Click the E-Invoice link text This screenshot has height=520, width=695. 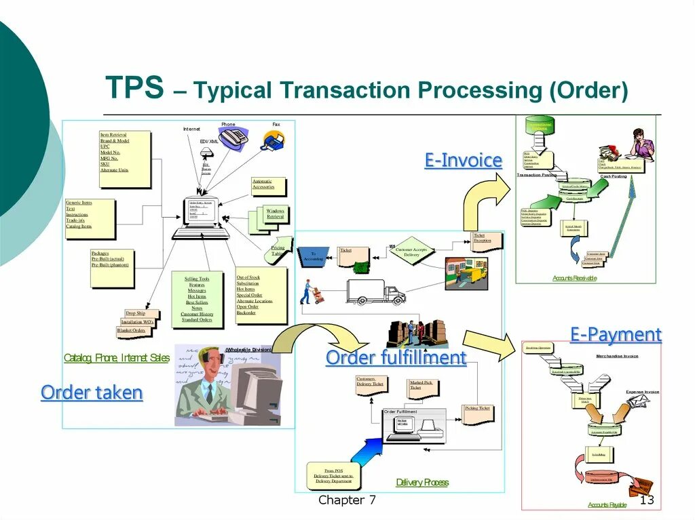[x=464, y=161]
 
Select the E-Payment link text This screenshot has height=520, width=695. [x=616, y=334]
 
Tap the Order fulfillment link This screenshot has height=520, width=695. [x=396, y=357]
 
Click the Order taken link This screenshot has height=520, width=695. [x=92, y=393]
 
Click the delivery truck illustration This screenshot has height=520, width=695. [x=375, y=292]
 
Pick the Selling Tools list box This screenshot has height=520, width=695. [x=197, y=299]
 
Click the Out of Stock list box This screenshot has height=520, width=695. [x=260, y=295]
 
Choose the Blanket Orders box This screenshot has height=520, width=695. [x=133, y=331]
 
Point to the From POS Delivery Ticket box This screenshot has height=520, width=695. [x=333, y=475]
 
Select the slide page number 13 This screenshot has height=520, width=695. [x=647, y=500]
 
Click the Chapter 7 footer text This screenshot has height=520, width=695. [x=347, y=500]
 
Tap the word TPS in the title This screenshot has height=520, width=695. [x=134, y=88]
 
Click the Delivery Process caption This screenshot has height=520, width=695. [x=422, y=483]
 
